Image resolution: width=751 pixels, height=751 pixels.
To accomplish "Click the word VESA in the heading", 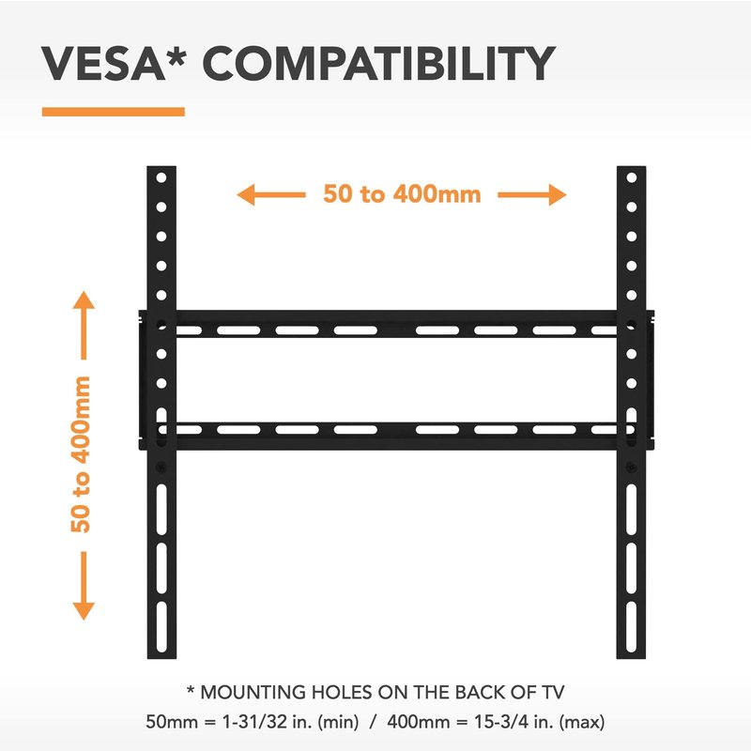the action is tap(103, 64).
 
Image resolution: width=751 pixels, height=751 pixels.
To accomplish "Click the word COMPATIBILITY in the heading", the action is tap(379, 64).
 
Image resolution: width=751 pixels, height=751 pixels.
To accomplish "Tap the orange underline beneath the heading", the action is tap(114, 112).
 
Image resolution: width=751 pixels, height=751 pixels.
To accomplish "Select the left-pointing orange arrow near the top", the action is tap(271, 194).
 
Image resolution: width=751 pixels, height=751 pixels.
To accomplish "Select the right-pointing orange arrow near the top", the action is tap(532, 194).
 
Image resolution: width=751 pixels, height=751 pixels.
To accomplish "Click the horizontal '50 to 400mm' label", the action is tap(402, 194).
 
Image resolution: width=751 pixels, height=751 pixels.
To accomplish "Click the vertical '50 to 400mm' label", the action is tap(81, 454).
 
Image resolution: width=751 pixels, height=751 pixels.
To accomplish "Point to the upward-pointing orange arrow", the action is tap(84, 325).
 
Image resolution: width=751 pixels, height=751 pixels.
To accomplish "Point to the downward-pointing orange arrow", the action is tap(84, 586).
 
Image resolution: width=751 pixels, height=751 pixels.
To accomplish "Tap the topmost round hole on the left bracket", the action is tap(161, 177).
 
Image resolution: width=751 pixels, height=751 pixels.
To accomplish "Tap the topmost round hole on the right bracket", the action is tap(632, 177).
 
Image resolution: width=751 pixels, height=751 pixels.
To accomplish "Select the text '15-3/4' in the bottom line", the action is tap(501, 721).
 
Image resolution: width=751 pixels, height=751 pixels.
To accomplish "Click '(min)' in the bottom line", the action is tap(338, 722).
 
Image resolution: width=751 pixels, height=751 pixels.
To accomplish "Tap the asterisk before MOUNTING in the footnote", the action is tap(191, 690).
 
